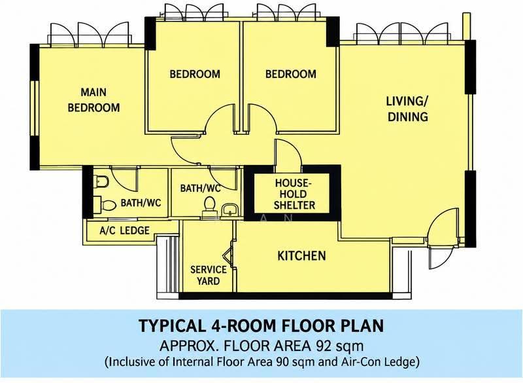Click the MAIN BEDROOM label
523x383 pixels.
(x=93, y=100)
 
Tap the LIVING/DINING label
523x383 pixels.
(x=407, y=109)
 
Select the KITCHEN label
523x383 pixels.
(x=301, y=256)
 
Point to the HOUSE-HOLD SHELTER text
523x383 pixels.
(x=294, y=194)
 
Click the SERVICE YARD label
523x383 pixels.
(x=209, y=275)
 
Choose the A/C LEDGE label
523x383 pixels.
(x=124, y=230)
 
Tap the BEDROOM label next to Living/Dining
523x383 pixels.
(x=291, y=74)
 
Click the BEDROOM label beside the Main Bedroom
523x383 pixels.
(x=195, y=74)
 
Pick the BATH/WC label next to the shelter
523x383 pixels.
(x=201, y=189)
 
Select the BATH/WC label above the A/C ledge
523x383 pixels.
(x=141, y=203)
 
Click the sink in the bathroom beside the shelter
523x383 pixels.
(x=229, y=210)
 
